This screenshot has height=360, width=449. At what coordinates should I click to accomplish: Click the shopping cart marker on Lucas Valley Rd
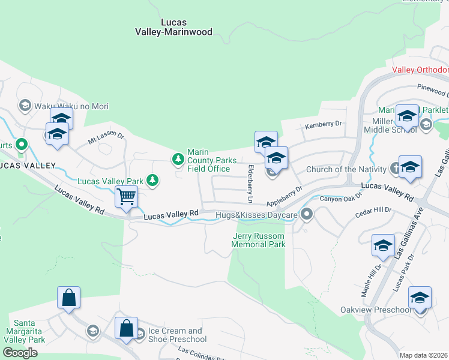tap(126, 196)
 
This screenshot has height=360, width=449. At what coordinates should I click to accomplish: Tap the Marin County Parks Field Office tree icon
tap(178, 159)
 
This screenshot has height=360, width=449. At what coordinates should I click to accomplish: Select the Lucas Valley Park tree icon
tap(153, 180)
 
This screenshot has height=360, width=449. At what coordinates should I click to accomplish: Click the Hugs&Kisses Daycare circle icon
tap(307, 214)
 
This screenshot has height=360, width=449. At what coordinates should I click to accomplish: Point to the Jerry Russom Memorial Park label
tap(259, 240)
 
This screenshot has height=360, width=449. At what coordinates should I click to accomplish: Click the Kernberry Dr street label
tap(323, 124)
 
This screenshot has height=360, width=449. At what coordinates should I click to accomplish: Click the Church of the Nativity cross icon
tap(396, 168)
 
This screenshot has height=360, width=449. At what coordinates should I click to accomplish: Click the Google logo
tap(20, 353)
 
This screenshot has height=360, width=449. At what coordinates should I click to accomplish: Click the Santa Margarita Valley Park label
tap(25, 335)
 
